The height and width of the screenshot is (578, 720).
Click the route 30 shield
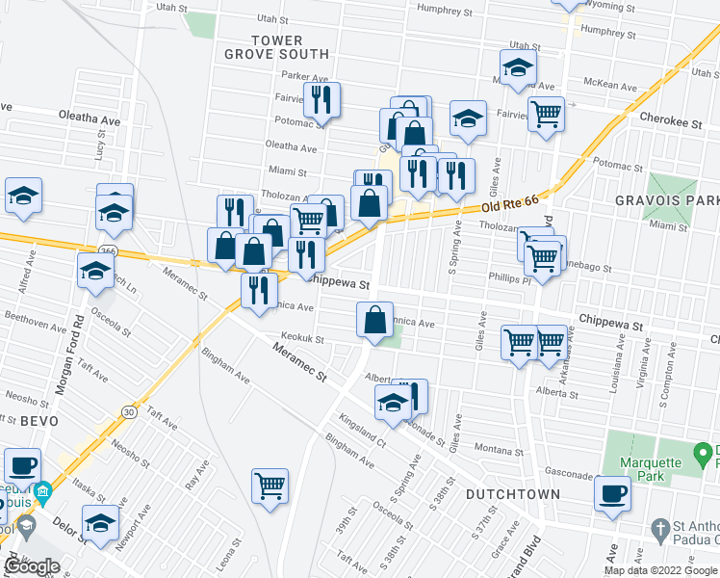tap(129, 411)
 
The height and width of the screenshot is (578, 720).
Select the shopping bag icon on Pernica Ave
tap(374, 321)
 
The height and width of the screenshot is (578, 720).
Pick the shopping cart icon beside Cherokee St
tap(546, 115)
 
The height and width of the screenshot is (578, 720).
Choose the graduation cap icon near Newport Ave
tap(98, 523)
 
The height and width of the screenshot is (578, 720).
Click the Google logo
tap(33, 566)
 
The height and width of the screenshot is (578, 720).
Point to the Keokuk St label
tap(301, 338)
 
